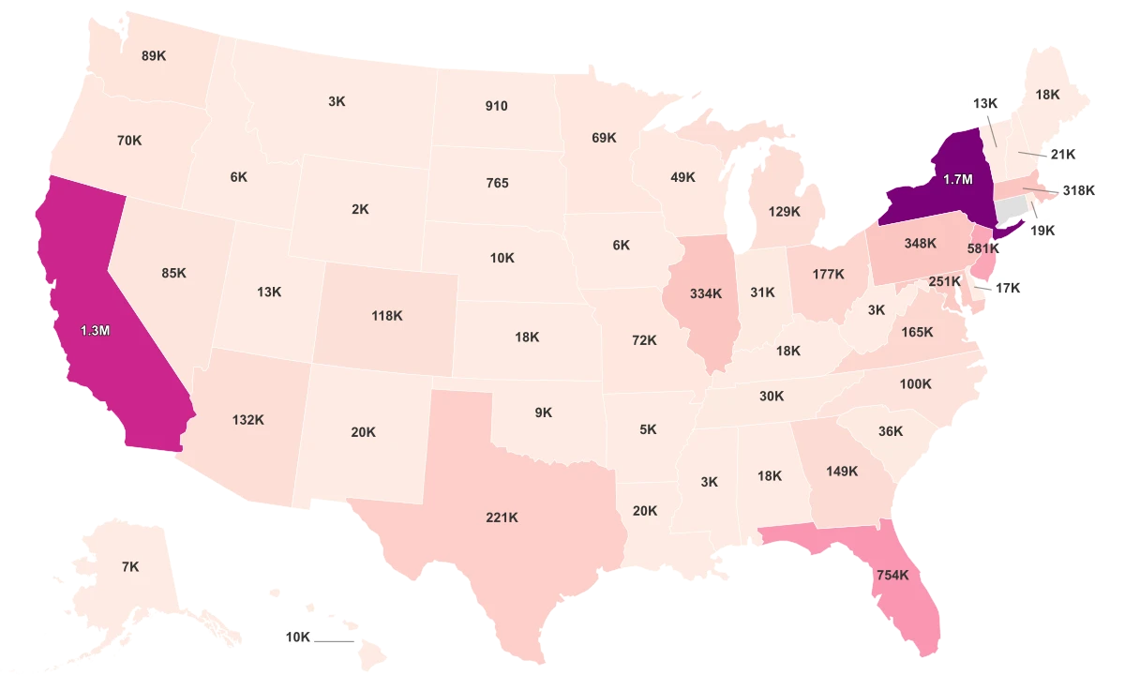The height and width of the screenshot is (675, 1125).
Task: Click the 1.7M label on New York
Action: tap(957, 178)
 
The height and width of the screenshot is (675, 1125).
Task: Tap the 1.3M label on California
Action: tap(95, 330)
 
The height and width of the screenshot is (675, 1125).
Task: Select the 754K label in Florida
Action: tap(892, 575)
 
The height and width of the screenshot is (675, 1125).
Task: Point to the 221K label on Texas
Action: tap(502, 517)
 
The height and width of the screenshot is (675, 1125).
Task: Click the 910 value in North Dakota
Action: tap(497, 106)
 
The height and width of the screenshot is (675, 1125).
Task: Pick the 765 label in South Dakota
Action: tap(497, 183)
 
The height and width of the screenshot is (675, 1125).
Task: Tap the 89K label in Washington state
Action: tap(154, 55)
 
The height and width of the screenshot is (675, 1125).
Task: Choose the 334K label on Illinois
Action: tap(705, 293)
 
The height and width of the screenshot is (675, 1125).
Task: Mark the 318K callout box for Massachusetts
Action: tap(1078, 189)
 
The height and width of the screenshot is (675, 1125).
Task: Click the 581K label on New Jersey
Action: tap(982, 249)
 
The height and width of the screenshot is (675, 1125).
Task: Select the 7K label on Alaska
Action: tap(130, 566)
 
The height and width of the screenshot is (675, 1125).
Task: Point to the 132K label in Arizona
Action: tap(248, 420)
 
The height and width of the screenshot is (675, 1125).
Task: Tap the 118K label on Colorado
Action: tap(386, 316)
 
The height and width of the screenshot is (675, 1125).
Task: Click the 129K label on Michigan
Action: tap(784, 212)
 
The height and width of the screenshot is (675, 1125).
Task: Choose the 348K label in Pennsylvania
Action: tap(920, 244)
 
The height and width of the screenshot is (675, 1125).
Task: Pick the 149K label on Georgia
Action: tap(841, 472)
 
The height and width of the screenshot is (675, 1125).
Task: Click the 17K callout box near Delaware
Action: tap(1008, 289)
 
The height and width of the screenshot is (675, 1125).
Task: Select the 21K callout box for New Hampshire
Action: tap(1062, 154)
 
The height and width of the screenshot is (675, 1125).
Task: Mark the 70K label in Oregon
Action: tap(129, 141)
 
